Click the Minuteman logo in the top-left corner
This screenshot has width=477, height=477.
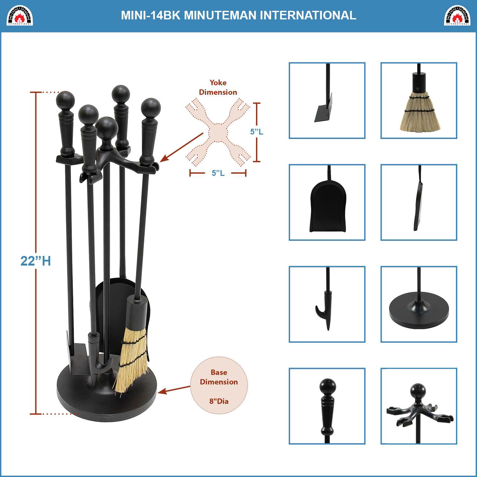20,15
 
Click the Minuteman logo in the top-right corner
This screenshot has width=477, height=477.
457,15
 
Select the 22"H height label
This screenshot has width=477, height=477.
36,261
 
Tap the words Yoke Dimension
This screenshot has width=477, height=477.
218,87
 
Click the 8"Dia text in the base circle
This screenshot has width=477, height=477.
219,401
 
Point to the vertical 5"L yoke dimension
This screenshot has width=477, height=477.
257,132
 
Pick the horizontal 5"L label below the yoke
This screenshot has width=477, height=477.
218,173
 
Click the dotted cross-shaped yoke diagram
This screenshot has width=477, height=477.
218,132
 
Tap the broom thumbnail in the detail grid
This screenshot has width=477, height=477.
419,100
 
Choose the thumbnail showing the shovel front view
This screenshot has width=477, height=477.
327,202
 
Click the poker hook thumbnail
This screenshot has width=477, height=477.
327,304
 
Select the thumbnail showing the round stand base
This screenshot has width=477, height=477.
419,304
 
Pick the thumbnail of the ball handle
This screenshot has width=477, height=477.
327,406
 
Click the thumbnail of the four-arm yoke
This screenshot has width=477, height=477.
419,406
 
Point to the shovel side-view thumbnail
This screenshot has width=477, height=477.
419,202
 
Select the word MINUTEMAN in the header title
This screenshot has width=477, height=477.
220,15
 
